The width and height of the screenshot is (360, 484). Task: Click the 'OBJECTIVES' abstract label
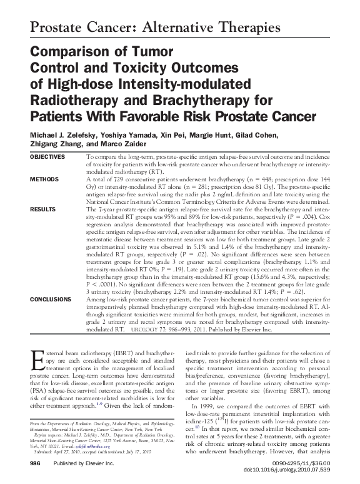pyautogui.click(x=47, y=156)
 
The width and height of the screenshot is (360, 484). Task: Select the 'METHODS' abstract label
pyautogui.click(x=44, y=179)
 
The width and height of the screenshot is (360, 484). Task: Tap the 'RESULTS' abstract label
pyautogui.click(x=42, y=209)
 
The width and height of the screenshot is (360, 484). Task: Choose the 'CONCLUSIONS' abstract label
pyautogui.click(x=51, y=299)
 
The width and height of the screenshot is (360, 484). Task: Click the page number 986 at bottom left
pyautogui.click(x=36, y=465)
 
